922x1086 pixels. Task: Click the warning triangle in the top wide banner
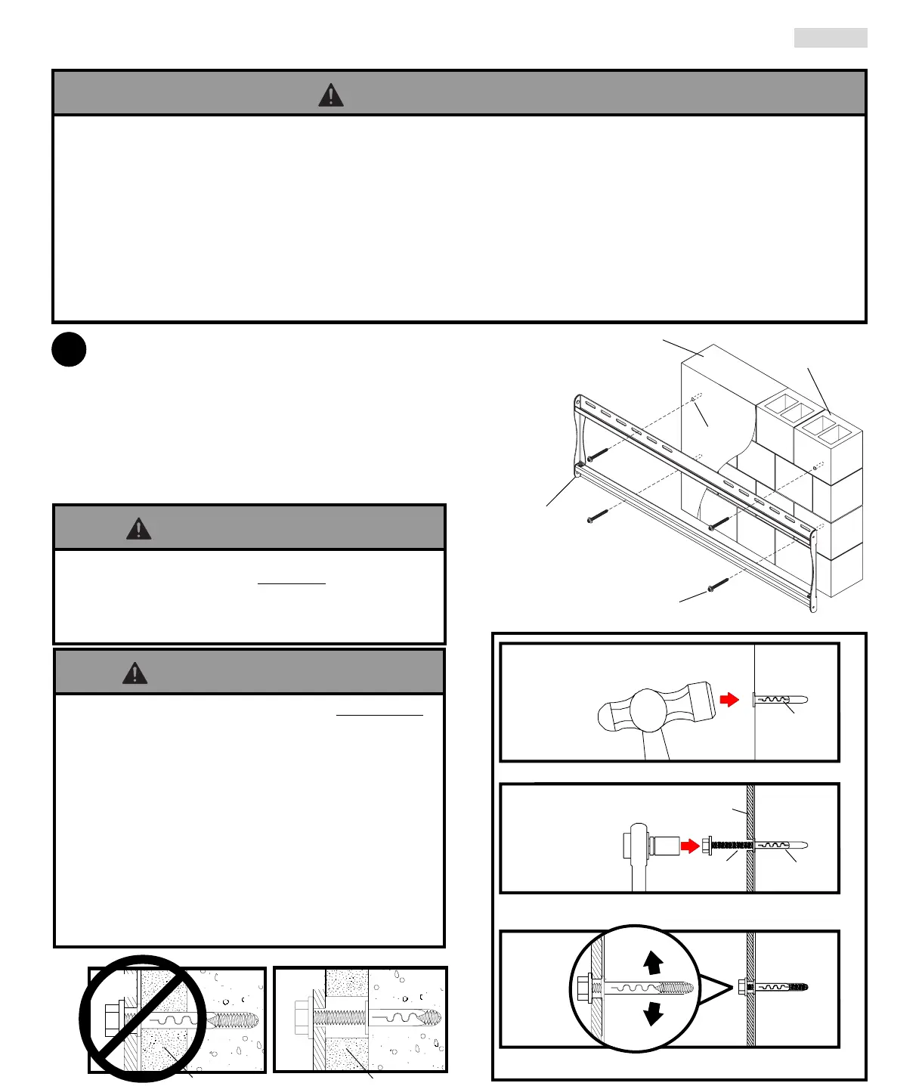click(x=331, y=95)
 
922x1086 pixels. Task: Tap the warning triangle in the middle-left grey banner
click(x=138, y=528)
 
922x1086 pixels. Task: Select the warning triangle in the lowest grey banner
click(x=135, y=673)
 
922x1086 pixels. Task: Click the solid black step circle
click(x=69, y=350)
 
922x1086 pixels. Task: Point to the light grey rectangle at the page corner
click(x=831, y=38)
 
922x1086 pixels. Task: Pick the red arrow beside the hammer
click(x=729, y=700)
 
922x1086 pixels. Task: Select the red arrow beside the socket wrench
click(x=689, y=846)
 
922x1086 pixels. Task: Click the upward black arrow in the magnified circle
click(x=653, y=962)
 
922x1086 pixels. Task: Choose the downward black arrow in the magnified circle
click(x=653, y=1013)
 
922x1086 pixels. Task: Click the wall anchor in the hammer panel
click(x=781, y=700)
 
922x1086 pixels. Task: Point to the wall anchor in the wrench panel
click(x=781, y=846)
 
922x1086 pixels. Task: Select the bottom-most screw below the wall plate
click(x=717, y=586)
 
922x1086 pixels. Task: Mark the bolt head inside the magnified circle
click(x=584, y=988)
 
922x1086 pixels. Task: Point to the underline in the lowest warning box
click(x=379, y=714)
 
